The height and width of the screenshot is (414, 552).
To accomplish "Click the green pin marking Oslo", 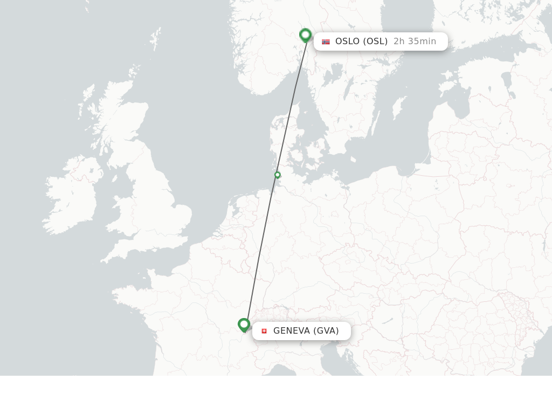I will click(305, 35).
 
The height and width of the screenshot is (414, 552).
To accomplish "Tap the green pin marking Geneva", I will click(244, 325).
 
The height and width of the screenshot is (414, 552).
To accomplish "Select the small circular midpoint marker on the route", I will click(278, 175).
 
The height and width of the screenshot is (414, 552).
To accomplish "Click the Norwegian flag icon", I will click(326, 42).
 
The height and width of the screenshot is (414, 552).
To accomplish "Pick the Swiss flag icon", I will click(264, 331).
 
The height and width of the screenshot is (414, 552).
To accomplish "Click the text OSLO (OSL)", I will click(361, 42).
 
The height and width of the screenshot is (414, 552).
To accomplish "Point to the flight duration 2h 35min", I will click(415, 42).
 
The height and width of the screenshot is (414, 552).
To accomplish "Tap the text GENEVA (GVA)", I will click(306, 331).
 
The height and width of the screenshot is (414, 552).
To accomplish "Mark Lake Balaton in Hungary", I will click(387, 322).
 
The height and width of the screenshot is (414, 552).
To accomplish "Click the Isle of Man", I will click(114, 178).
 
